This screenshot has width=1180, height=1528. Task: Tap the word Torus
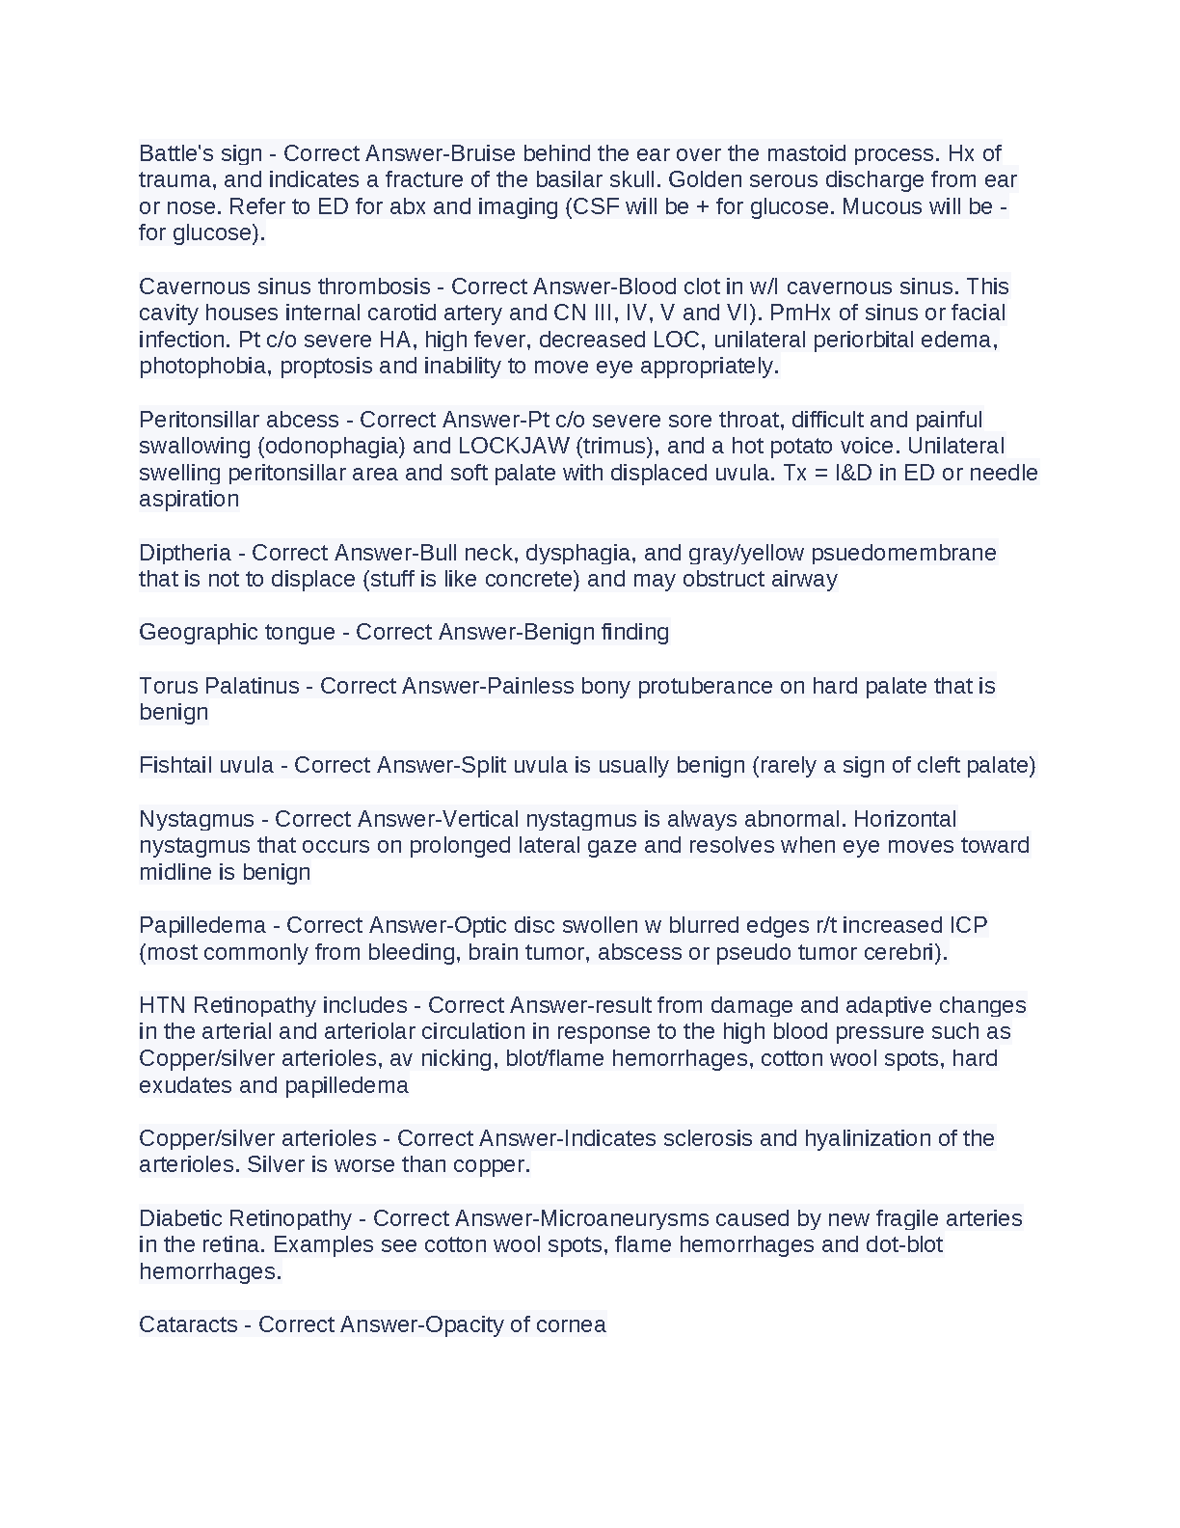point(168,686)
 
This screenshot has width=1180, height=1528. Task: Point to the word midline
point(175,872)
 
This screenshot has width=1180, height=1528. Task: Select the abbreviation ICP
point(968,925)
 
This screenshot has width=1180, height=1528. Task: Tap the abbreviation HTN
point(162,1005)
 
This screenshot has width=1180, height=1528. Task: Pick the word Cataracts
point(188,1324)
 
